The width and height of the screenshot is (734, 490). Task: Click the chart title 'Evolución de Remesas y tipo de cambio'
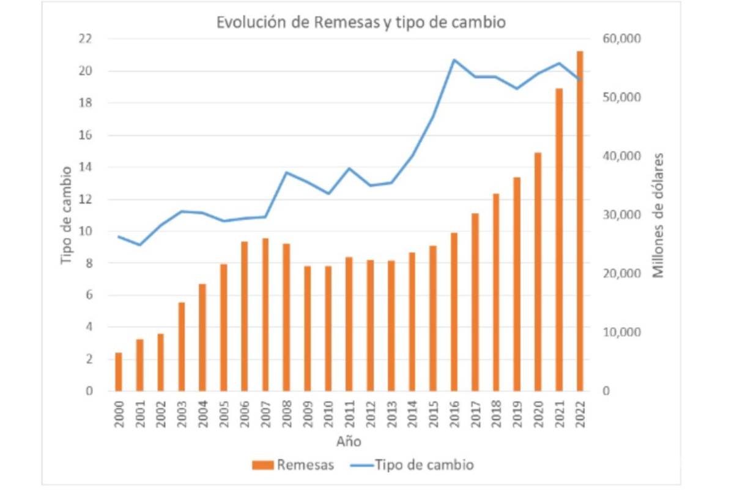click(x=361, y=23)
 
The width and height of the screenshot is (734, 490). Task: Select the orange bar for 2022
click(x=579, y=221)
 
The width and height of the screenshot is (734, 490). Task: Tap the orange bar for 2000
click(x=119, y=372)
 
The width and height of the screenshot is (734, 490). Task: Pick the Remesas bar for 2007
click(x=265, y=314)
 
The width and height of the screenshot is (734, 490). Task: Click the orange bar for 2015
click(x=433, y=318)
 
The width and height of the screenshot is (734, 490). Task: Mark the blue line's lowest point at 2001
click(x=140, y=245)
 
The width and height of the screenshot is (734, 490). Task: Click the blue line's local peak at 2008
click(x=286, y=172)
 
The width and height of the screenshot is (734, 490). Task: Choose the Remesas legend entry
click(x=294, y=465)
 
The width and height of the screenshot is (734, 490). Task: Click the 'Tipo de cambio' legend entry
click(x=413, y=465)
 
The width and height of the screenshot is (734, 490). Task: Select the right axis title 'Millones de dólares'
click(x=658, y=214)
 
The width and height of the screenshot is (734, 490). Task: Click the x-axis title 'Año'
click(x=348, y=442)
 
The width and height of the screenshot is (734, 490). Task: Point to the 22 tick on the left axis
click(x=85, y=39)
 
